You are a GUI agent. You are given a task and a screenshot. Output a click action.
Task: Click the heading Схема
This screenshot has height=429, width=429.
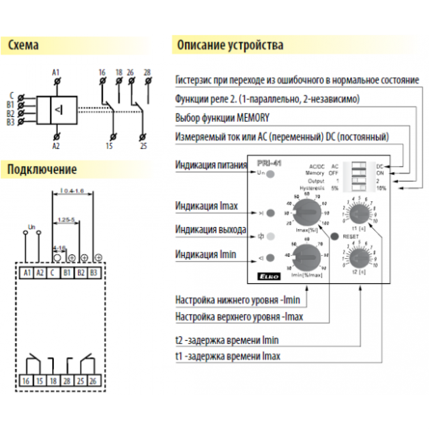[23, 45]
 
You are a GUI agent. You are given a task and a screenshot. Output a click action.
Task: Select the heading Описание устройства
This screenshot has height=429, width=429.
[230, 45]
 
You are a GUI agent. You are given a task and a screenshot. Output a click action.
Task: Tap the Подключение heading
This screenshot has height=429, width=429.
[42, 169]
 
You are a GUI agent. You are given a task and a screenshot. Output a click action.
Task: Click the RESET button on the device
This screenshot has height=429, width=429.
[335, 236]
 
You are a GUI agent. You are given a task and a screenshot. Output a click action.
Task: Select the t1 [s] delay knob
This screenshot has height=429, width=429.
[359, 214]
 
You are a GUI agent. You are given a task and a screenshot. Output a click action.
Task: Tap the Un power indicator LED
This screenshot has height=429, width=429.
[271, 174]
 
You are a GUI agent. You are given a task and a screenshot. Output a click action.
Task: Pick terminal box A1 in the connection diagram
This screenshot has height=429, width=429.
[27, 273]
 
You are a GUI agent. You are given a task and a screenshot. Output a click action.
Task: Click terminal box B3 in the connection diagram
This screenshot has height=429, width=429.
[94, 273]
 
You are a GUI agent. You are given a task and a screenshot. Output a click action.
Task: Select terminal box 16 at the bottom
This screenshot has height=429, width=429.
[26, 381]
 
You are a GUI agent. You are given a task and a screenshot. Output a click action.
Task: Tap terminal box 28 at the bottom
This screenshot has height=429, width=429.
[67, 381]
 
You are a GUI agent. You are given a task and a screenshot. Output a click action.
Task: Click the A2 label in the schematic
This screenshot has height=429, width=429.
[56, 146]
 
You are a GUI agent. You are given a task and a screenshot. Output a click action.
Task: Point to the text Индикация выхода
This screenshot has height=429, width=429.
[210, 230]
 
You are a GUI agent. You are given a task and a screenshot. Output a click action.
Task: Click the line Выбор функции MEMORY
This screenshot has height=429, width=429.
[222, 118]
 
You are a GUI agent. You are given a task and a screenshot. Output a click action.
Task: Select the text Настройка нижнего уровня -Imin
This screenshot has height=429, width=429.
[237, 300]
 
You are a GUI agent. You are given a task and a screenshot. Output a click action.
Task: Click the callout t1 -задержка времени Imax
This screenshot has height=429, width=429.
[228, 356]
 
